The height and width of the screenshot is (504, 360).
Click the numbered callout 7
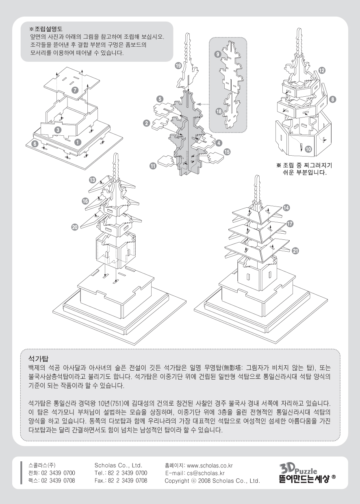(75, 90)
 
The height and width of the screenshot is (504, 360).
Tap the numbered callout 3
(58, 130)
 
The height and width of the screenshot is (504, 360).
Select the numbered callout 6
(35, 143)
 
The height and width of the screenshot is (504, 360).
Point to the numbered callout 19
(178, 65)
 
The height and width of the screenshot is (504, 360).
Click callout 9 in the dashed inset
(218, 54)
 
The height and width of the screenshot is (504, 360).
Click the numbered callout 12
(322, 70)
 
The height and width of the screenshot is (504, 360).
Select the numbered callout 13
(92, 180)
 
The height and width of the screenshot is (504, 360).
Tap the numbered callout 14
(286, 208)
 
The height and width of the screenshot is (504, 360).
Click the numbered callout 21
(295, 251)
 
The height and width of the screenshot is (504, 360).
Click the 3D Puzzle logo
(306, 473)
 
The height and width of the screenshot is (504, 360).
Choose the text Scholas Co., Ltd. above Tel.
(117, 465)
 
